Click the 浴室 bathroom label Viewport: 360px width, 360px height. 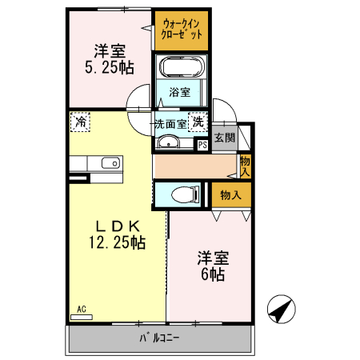(180, 92)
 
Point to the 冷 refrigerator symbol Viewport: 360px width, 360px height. (80, 122)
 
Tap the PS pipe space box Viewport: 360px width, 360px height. (202, 145)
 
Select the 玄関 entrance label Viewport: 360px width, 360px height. (225, 138)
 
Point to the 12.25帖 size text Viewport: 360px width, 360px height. (116, 242)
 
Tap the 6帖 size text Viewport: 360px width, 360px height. (213, 274)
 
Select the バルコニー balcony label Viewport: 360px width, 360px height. (160, 338)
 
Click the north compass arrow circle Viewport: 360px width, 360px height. (279, 308)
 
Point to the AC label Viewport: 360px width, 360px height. (82, 308)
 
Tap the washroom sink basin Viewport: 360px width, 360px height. (170, 143)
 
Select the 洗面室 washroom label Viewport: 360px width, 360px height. (170, 124)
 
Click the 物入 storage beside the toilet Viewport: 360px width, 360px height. (230, 194)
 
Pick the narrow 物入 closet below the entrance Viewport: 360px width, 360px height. (245, 166)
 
